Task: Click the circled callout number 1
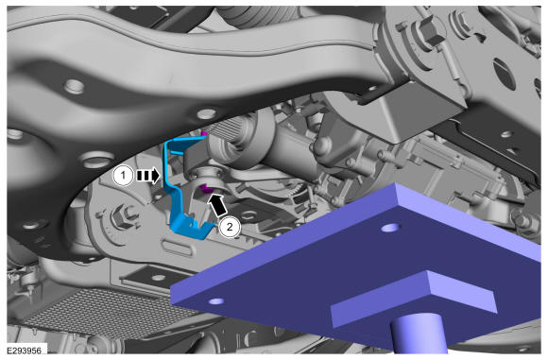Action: point(123,176)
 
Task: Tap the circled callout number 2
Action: point(230,227)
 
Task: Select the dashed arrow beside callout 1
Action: point(147,176)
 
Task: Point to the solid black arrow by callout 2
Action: point(217,206)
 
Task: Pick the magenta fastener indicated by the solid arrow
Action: point(206,189)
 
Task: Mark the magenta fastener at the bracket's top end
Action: point(204,133)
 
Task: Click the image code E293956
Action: point(25,351)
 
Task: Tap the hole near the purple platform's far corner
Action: point(389,228)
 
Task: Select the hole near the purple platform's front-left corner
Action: point(216,300)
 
